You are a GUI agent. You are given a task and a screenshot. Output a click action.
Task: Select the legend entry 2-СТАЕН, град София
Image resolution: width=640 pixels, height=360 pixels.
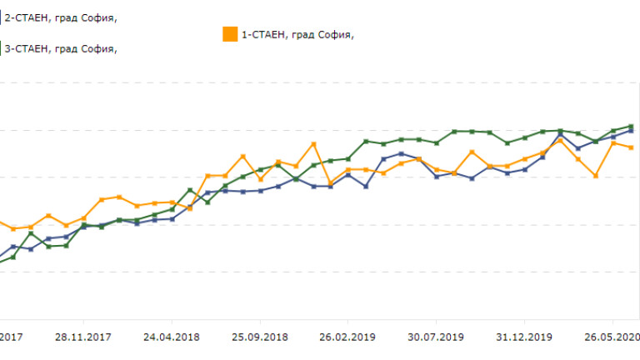61,17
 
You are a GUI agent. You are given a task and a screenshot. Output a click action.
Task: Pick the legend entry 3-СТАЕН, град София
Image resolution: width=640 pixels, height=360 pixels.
61,48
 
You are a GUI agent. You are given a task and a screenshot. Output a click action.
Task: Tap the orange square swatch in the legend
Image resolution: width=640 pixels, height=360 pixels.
229,34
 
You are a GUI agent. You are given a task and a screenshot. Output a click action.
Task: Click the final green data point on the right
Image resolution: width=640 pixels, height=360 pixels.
631,126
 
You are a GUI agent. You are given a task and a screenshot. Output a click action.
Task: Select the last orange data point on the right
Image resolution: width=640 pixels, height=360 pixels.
631,147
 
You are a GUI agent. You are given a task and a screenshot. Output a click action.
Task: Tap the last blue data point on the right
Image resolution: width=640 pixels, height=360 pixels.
631,131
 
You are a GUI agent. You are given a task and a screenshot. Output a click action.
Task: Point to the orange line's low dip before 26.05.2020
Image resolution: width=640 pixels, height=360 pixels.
596,176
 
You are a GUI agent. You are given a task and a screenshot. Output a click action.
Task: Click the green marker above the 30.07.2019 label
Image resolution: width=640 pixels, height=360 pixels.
437,142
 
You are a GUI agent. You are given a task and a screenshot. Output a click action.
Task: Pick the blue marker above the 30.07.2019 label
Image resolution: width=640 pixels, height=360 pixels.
437,177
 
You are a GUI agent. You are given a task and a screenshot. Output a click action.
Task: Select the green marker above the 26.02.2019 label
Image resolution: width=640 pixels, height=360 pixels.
348,158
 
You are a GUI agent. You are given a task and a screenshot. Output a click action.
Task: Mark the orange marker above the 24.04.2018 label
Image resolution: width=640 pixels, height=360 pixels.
172,202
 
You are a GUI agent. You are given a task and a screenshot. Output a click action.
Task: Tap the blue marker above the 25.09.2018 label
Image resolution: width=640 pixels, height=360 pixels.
261,191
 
